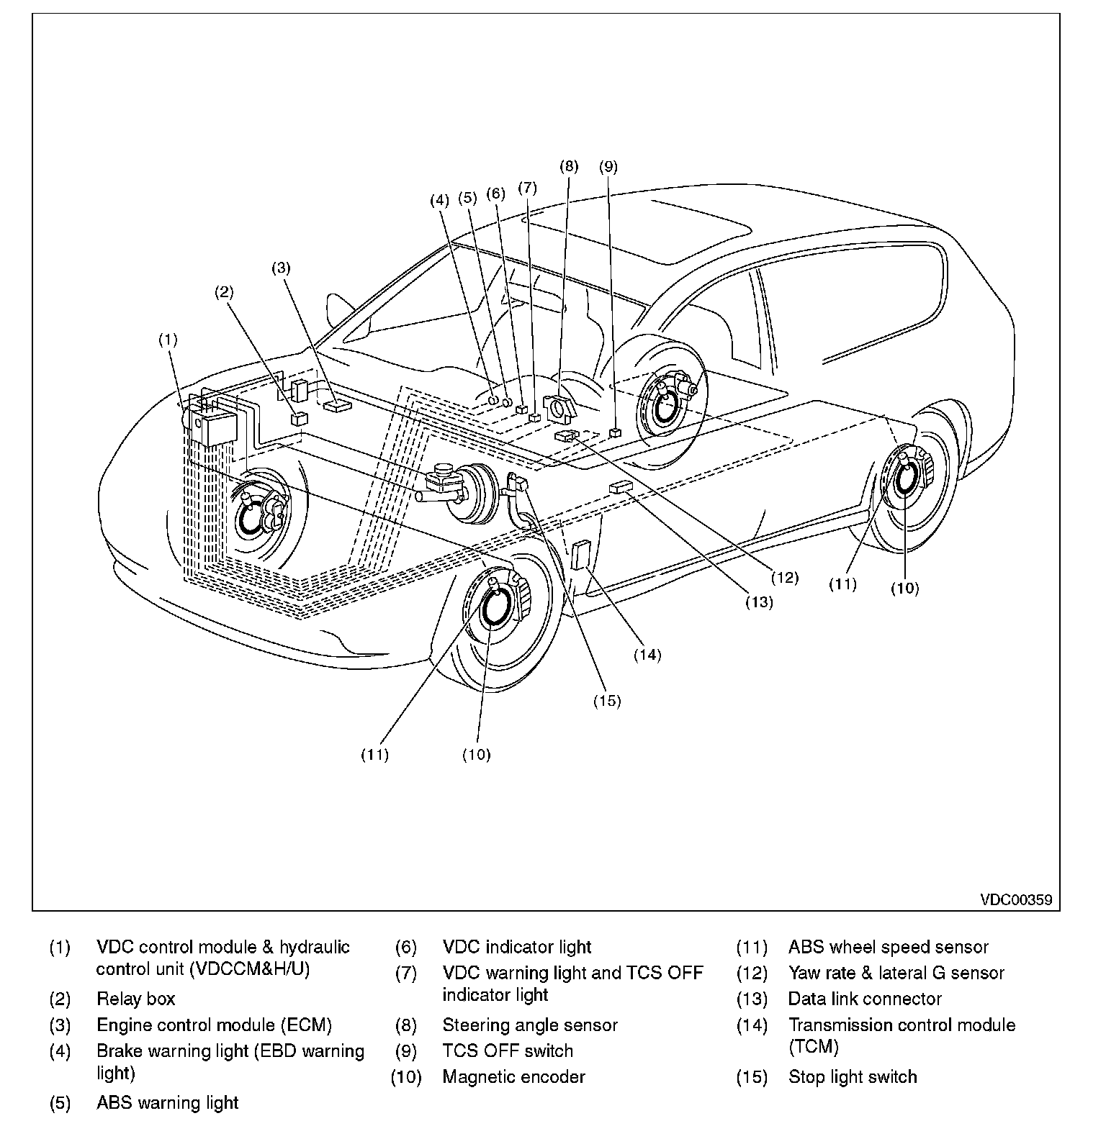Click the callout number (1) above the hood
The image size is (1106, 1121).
[x=168, y=340]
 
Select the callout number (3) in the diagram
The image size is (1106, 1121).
[x=280, y=268]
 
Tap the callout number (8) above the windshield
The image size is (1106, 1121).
[x=569, y=166]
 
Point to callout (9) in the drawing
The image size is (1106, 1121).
[x=608, y=166]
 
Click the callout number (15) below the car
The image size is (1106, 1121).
[x=606, y=700]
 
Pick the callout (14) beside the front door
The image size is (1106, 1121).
[x=647, y=654]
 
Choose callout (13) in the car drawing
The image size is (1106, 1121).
[x=759, y=602]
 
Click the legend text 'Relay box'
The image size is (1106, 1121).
[x=135, y=999]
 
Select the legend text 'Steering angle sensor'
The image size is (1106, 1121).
[x=529, y=1025]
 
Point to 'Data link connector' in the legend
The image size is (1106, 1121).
[x=864, y=999]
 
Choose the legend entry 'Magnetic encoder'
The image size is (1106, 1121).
[x=513, y=1077]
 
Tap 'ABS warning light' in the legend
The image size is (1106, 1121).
[x=167, y=1103]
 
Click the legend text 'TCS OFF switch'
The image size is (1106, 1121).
[x=508, y=1050]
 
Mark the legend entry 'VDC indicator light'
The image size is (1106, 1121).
[x=516, y=947]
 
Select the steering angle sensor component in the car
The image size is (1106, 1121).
[x=561, y=407]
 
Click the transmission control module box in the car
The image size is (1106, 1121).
[x=581, y=556]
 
